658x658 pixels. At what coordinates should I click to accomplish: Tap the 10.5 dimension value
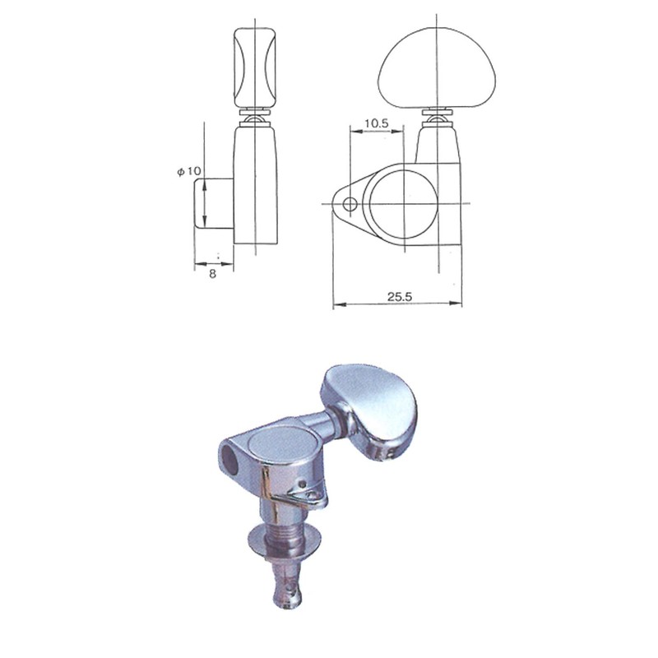click(x=375, y=123)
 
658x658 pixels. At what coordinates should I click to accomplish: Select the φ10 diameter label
click(x=188, y=171)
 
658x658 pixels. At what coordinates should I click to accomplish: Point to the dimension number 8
click(x=212, y=274)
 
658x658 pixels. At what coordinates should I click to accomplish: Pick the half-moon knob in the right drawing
click(x=422, y=65)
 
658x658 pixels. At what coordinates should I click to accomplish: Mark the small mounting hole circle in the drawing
click(x=349, y=203)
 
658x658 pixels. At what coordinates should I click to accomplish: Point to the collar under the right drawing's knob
click(x=437, y=117)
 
